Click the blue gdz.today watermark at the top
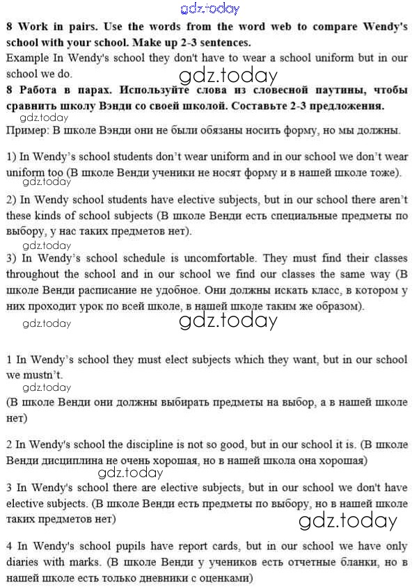coord(209,9)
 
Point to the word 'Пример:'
coord(26,130)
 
